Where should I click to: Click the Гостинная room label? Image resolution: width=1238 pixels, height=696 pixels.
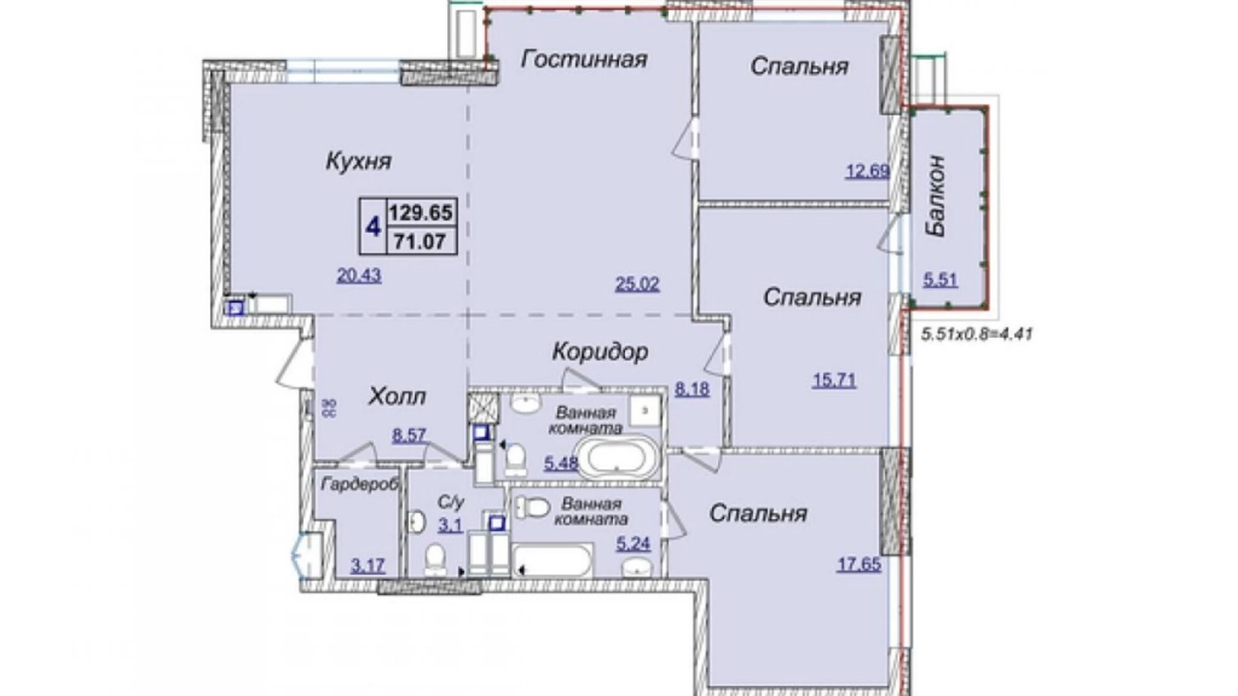coord(584,59)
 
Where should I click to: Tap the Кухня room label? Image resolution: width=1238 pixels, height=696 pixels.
coord(358,161)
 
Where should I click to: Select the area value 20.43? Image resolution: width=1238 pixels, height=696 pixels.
coord(359,274)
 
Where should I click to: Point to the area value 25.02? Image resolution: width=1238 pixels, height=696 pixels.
coord(637,284)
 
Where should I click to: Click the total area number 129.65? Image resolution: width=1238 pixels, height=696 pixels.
coord(422,213)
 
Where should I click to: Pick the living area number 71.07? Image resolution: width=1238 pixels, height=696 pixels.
coord(420,241)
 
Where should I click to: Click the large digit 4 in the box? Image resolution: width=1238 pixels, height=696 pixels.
coord(373,227)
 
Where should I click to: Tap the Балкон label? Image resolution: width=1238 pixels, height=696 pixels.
coord(936,195)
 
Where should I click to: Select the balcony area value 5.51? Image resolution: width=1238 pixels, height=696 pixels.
coord(940,279)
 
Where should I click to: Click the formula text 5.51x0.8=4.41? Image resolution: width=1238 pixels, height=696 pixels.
coord(976,333)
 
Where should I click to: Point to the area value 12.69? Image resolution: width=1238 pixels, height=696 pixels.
coord(867,171)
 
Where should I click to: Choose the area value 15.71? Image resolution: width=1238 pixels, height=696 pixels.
coord(834,381)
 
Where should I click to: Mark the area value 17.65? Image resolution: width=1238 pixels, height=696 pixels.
coord(859,565)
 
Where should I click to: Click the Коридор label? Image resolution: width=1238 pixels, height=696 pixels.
coord(600,351)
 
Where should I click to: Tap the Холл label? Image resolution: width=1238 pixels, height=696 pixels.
coord(397,397)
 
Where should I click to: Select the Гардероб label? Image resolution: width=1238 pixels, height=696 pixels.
coord(359,485)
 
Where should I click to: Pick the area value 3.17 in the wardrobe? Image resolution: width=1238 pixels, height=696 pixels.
coord(367,566)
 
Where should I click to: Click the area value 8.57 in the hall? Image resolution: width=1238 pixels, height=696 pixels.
coord(409,436)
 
